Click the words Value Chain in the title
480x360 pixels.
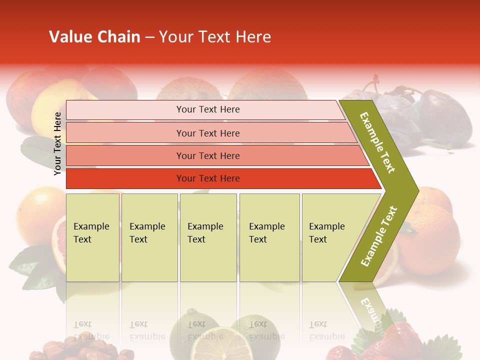(94, 37)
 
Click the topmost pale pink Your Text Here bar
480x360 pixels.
(207, 109)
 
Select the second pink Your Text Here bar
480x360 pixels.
(207, 133)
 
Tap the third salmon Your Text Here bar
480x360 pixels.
(207, 155)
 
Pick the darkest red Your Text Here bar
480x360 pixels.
(207, 178)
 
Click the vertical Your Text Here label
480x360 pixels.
(57, 143)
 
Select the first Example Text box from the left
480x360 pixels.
(92, 237)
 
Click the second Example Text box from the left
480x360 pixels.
(149, 237)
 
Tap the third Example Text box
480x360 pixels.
(208, 237)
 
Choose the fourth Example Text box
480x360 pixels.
(269, 237)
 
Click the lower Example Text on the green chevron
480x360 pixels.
(378, 236)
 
